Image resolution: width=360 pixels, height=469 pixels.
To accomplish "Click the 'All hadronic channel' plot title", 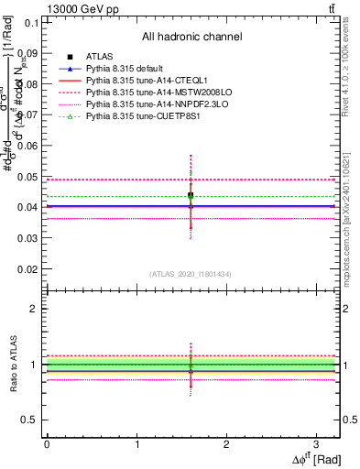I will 191,37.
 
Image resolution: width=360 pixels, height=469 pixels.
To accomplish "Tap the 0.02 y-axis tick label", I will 27,269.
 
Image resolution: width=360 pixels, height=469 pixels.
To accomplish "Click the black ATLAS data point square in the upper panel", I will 191,195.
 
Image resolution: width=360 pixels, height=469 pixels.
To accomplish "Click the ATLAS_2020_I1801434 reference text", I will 191,274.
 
